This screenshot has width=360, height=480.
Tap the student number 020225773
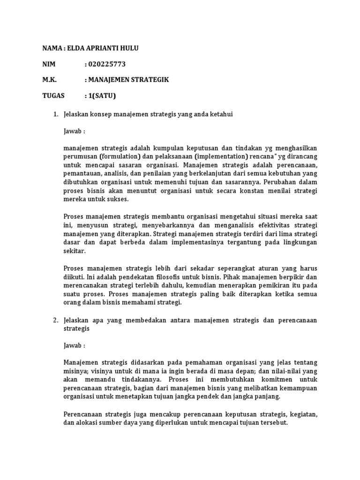click(107, 64)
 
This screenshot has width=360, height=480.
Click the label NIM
click(49, 64)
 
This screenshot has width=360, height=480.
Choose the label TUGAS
click(53, 96)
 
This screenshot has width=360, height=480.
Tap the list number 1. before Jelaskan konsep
click(55, 114)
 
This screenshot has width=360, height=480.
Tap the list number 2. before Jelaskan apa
click(55, 320)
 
